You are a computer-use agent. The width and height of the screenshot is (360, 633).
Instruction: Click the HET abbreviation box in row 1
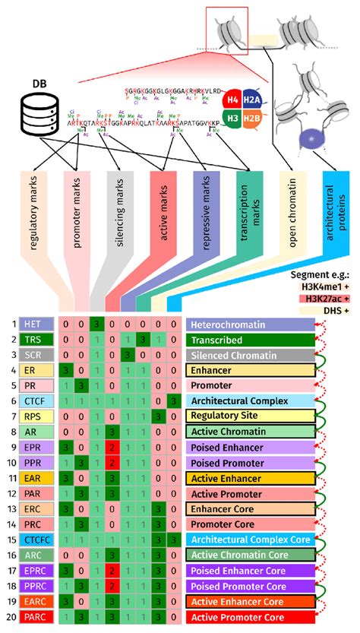pos(34,324)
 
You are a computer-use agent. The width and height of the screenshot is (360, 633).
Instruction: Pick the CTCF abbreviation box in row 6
pos(34,400)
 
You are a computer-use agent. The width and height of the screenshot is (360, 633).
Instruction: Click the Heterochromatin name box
pos(250,324)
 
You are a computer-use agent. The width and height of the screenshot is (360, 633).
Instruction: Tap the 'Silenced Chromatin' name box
pos(250,355)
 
